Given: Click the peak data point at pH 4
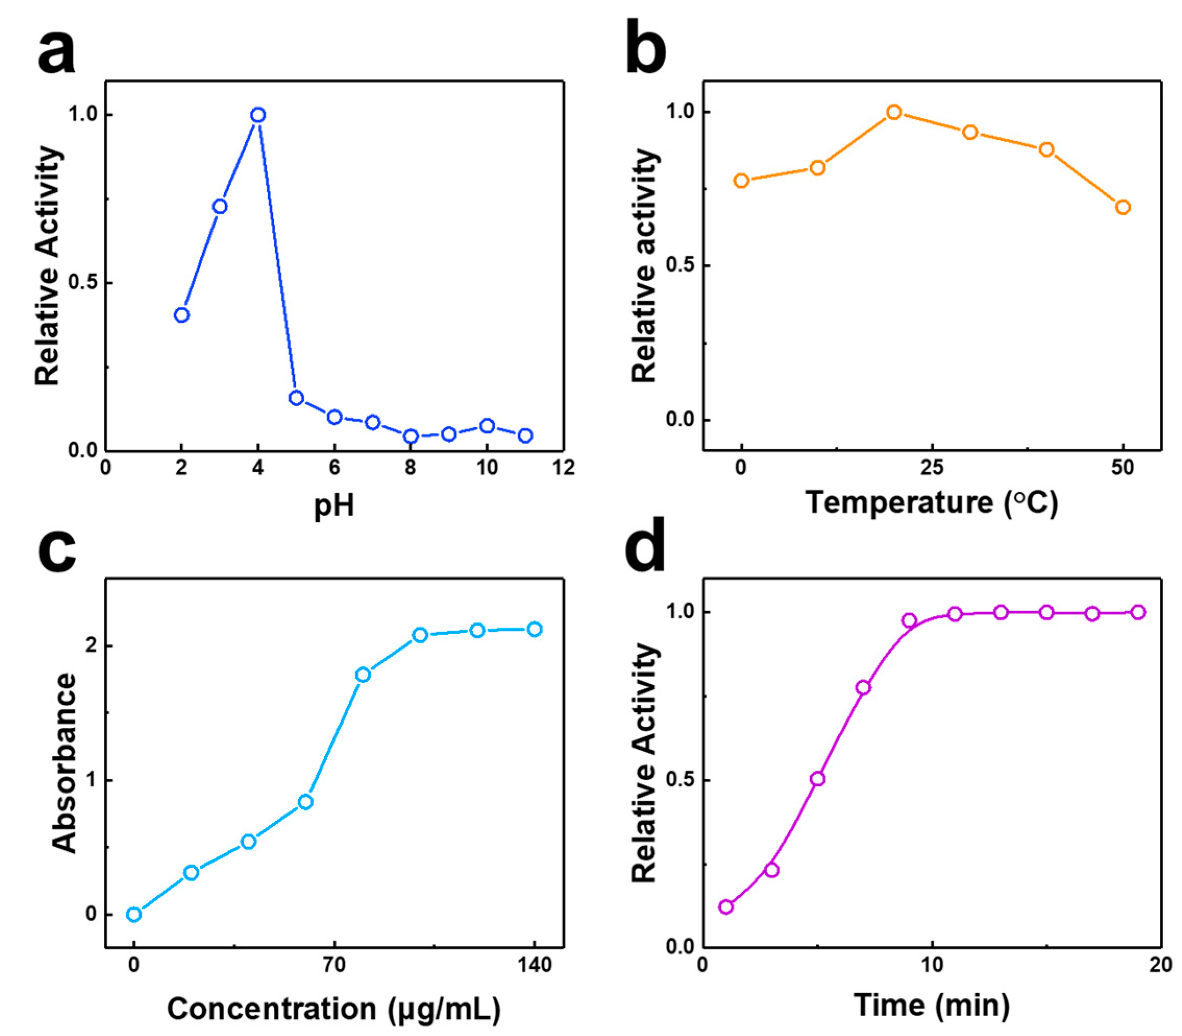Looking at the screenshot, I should [258, 115].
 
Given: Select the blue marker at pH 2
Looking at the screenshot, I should [181, 315].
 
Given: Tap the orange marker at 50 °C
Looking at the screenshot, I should [1123, 207].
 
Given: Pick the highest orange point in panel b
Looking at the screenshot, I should [894, 112].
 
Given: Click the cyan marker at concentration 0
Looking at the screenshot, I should [133, 914].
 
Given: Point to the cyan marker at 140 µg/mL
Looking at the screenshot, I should [534, 629].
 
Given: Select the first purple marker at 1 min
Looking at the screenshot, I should [726, 907].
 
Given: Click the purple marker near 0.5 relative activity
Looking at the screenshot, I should [817, 779].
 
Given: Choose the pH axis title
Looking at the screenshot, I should [333, 505].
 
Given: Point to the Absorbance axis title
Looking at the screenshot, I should [64, 763].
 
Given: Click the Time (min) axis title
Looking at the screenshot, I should [931, 1005].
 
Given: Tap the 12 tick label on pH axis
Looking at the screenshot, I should [563, 467].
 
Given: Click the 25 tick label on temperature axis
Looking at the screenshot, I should [931, 467].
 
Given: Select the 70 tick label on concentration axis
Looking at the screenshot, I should [333, 965].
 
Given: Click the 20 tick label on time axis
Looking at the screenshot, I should [1160, 965].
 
